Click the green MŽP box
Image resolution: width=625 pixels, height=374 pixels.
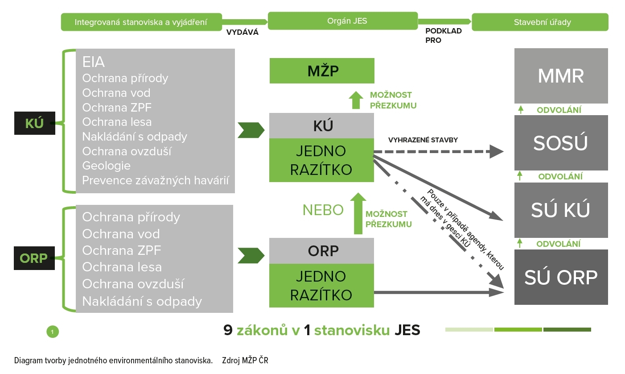[x=321, y=71]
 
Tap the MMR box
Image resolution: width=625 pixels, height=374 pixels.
[x=561, y=76]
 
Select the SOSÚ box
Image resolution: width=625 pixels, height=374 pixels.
[x=561, y=143]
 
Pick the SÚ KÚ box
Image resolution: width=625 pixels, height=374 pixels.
[x=561, y=210]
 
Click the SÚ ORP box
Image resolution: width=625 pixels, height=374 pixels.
[x=561, y=277]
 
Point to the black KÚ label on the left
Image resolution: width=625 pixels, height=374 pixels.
[x=34, y=123]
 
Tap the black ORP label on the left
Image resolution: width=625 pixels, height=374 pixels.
[x=34, y=258]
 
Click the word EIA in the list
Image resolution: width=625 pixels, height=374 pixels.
[x=94, y=62]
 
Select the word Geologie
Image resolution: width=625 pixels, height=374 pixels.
[x=107, y=166]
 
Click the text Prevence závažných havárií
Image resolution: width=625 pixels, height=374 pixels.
[x=156, y=180]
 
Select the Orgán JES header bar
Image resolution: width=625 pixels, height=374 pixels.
[x=343, y=21]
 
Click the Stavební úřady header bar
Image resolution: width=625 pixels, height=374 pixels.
[x=540, y=22]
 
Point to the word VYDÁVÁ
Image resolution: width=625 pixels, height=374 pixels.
[x=243, y=32]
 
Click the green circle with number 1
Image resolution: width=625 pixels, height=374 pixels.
[x=53, y=332]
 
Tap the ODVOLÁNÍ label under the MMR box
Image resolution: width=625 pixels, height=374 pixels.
[x=559, y=110]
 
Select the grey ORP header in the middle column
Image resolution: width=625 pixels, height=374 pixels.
[x=321, y=251]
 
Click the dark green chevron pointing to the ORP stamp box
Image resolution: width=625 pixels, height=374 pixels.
[x=251, y=256]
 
